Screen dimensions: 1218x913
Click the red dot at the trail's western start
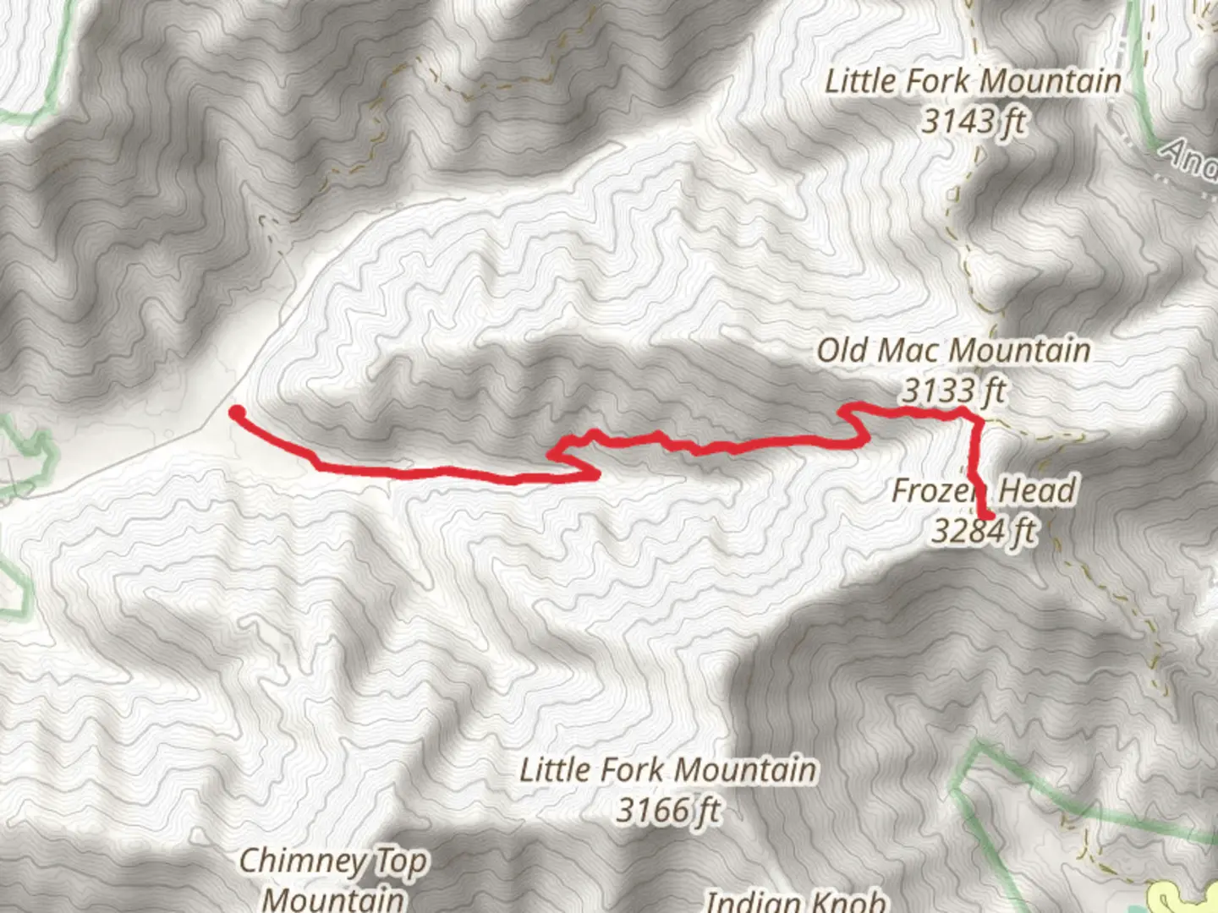tap(238, 413)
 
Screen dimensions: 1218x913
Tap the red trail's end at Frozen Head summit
tap(986, 514)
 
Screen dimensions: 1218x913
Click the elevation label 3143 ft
tap(973, 122)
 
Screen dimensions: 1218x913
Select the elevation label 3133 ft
tap(953, 391)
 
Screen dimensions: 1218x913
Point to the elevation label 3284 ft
tap(984, 531)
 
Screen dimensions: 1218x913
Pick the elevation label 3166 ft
tap(668, 810)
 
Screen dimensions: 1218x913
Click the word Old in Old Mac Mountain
tap(842, 350)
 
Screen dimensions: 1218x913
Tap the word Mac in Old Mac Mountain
tap(911, 350)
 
